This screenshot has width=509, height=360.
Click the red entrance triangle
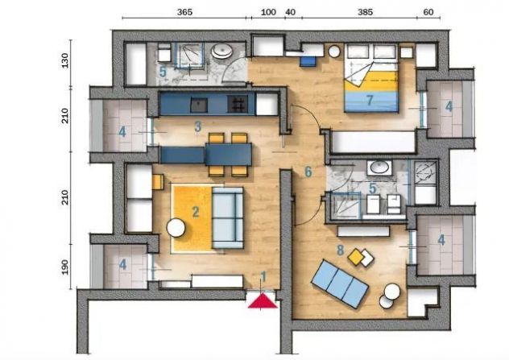(263, 301)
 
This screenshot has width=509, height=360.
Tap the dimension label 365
(184, 12)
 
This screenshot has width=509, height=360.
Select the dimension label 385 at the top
(365, 12)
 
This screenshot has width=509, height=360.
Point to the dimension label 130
(65, 60)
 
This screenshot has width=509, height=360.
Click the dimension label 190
(65, 267)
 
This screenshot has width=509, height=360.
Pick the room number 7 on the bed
(370, 101)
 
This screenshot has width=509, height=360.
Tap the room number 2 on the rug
(196, 212)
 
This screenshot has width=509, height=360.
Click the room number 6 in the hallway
(308, 172)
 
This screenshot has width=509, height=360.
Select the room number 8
(340, 250)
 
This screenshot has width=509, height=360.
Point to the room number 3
(198, 126)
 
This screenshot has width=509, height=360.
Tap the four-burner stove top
(238, 104)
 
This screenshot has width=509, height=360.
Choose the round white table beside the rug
(176, 228)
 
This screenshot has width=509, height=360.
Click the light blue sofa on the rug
(228, 217)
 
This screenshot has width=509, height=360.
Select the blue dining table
(229, 155)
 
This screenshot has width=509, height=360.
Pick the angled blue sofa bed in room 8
(340, 283)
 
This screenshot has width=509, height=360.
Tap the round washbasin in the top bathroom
(221, 52)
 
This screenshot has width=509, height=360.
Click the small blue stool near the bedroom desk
(308, 61)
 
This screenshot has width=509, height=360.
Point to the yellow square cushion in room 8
(356, 257)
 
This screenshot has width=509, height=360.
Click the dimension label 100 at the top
(268, 12)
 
